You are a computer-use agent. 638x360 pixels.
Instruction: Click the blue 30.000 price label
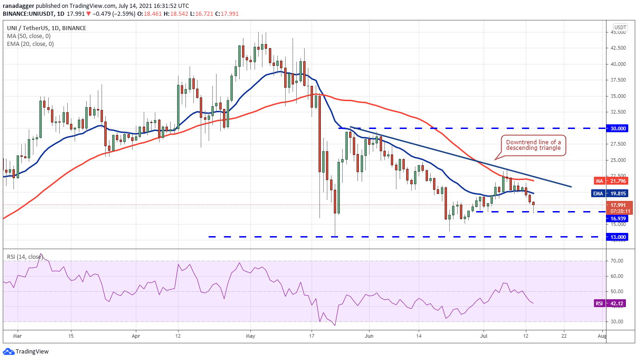(x=617, y=129)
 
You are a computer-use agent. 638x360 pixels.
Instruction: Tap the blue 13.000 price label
(x=617, y=237)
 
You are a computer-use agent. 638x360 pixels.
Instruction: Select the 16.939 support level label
(x=617, y=219)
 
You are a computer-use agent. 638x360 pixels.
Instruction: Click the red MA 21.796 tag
(x=611, y=181)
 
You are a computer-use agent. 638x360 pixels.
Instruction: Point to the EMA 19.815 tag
(x=610, y=193)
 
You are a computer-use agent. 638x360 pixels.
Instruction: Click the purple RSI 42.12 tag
(x=611, y=303)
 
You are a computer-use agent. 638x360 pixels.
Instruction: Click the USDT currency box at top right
(x=620, y=27)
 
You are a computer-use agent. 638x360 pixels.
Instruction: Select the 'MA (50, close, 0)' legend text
(x=29, y=36)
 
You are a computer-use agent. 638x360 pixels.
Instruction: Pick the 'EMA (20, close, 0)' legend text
(x=31, y=44)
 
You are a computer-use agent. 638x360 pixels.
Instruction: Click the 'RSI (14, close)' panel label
(x=25, y=257)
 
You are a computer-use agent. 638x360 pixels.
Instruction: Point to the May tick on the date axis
(x=250, y=336)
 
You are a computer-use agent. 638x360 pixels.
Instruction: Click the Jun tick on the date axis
(x=369, y=336)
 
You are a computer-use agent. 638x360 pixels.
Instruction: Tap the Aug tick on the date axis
(x=602, y=336)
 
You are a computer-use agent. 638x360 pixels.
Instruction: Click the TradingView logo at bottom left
(x=26, y=352)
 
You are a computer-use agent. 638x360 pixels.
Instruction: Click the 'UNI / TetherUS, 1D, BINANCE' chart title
(x=46, y=28)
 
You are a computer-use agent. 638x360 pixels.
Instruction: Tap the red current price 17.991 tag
(x=618, y=205)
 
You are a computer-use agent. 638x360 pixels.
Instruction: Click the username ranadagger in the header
(x=19, y=6)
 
